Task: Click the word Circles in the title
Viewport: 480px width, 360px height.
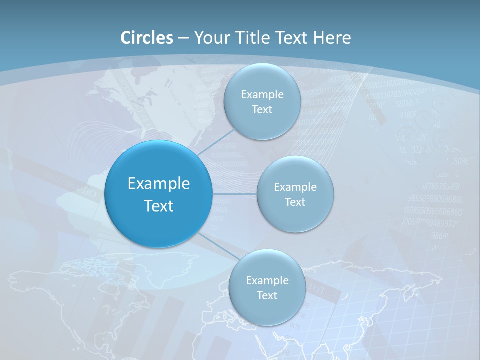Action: pyautogui.click(x=147, y=38)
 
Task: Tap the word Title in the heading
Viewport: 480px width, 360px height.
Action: pyautogui.click(x=253, y=38)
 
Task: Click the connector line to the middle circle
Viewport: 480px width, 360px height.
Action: pyautogui.click(x=234, y=194)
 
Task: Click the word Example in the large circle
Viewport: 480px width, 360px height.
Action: pyautogui.click(x=159, y=184)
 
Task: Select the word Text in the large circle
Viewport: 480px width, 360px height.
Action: pyautogui.click(x=159, y=206)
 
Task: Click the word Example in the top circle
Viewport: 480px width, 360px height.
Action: pyautogui.click(x=262, y=94)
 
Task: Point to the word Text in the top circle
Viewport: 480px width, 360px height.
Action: pyautogui.click(x=262, y=109)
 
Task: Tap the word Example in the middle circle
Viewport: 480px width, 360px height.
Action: pyautogui.click(x=295, y=187)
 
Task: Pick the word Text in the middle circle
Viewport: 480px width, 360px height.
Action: pyautogui.click(x=295, y=202)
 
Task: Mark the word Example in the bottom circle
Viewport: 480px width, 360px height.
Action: pyautogui.click(x=267, y=280)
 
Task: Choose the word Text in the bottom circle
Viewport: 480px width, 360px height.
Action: pyautogui.click(x=267, y=295)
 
